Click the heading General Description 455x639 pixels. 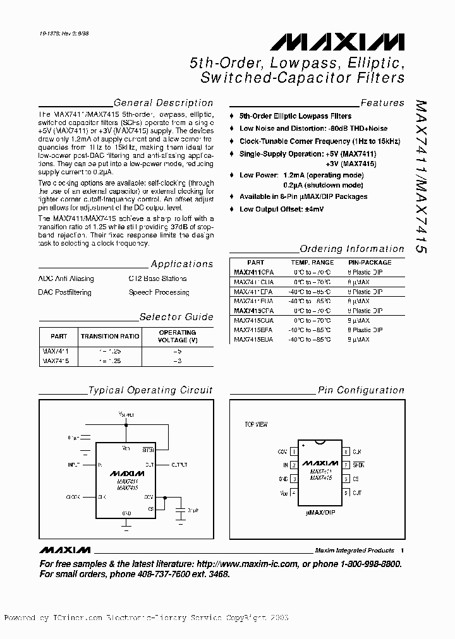click(x=163, y=103)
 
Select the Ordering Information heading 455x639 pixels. click(x=351, y=249)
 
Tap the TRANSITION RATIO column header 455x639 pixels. click(x=110, y=337)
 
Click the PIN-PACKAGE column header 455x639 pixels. click(x=370, y=262)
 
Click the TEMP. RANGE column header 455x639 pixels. click(x=312, y=262)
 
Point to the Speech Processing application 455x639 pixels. click(x=159, y=292)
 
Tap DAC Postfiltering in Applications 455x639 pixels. click(x=64, y=292)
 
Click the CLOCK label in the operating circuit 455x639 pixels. click(x=74, y=497)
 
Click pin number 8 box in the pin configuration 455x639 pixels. click(x=346, y=452)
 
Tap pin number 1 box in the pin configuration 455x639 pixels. click(x=294, y=452)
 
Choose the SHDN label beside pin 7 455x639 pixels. click(x=358, y=465)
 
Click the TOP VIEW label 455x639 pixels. click(x=256, y=425)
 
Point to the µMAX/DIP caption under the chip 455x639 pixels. click(x=320, y=506)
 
